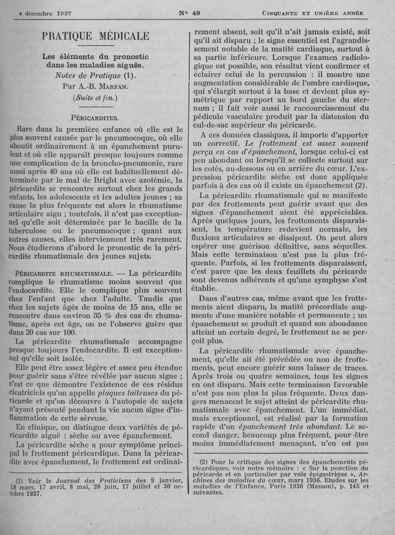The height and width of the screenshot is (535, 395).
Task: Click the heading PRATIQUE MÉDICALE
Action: [95, 36]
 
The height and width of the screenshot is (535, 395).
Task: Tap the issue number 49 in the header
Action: [190, 13]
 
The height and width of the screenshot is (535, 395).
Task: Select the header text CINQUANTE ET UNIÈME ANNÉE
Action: [313, 13]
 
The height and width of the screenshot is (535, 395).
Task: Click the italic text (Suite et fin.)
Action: [95, 97]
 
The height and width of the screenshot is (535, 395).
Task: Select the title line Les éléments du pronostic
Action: [95, 56]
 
